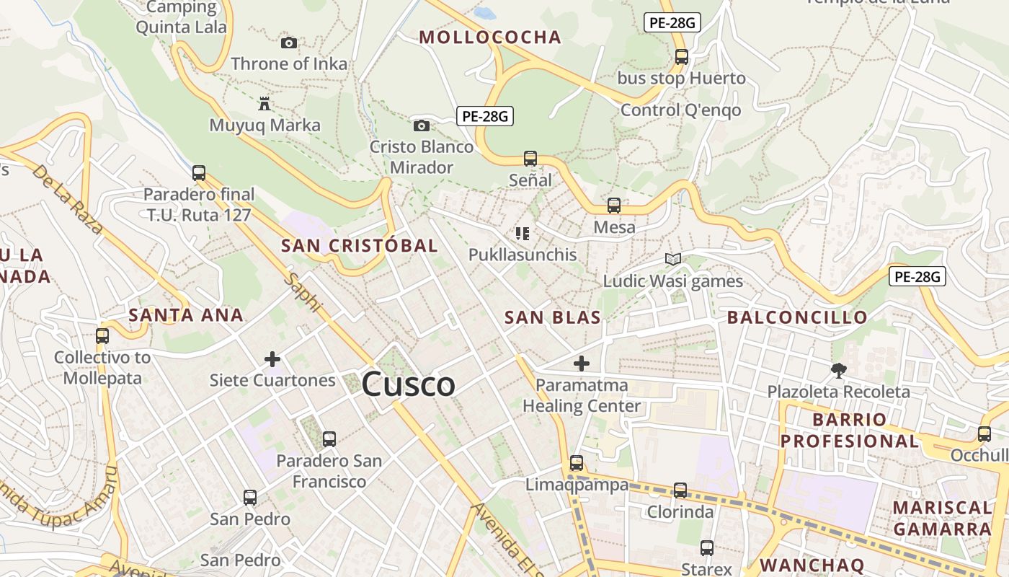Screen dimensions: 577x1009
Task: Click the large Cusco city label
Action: pyautogui.click(x=408, y=384)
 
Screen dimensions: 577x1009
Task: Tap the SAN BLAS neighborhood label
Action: pyautogui.click(x=553, y=317)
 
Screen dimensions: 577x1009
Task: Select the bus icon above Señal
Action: pyautogui.click(x=530, y=158)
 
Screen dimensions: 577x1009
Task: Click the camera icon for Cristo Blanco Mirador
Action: pyautogui.click(x=422, y=125)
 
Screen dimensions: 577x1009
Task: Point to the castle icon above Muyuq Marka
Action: pyautogui.click(x=265, y=104)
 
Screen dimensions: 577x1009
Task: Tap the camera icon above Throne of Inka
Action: pyautogui.click(x=289, y=43)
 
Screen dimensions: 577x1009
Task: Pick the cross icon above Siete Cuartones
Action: pyautogui.click(x=272, y=358)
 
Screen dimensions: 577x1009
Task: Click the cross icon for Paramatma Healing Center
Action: pyautogui.click(x=582, y=364)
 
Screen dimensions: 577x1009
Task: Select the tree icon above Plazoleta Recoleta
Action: pyautogui.click(x=838, y=370)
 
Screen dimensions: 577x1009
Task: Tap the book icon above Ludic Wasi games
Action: pyautogui.click(x=673, y=259)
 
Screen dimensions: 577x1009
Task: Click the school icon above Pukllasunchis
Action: pyautogui.click(x=523, y=233)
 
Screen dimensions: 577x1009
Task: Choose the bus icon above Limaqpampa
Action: pyautogui.click(x=577, y=462)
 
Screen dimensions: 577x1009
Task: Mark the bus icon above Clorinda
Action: pyautogui.click(x=680, y=490)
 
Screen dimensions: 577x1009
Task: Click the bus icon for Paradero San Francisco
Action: pyautogui.click(x=329, y=438)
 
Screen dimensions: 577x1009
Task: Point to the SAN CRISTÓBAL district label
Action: pyautogui.click(x=360, y=245)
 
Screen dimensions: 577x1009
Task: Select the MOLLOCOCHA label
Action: pyautogui.click(x=490, y=38)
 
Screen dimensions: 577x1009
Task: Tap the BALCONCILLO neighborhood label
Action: pyautogui.click(x=797, y=317)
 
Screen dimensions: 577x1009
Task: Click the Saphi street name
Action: pyautogui.click(x=303, y=292)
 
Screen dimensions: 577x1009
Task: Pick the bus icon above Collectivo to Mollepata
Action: pyautogui.click(x=102, y=335)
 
